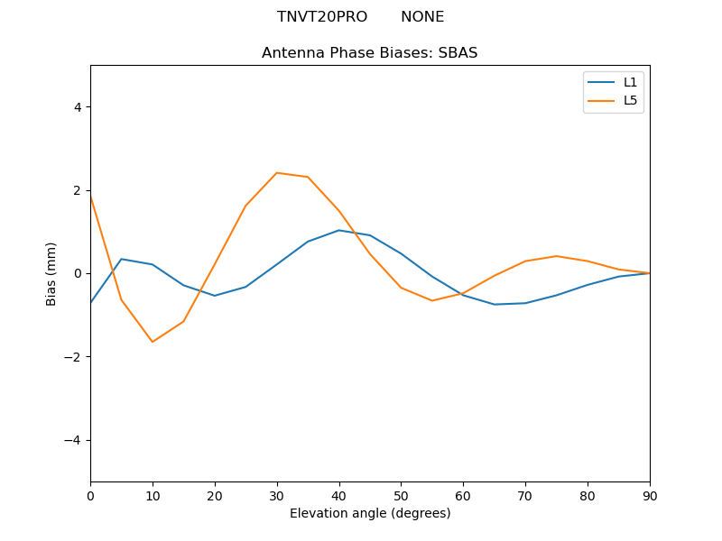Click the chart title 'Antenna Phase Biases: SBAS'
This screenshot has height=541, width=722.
coord(369,53)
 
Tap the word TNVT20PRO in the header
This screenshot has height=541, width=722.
coord(322,17)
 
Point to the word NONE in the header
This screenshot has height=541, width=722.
coord(422,17)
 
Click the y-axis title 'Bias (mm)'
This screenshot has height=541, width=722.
coord(51,273)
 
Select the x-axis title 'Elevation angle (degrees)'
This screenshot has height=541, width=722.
coord(369,514)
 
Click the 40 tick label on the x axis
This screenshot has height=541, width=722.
coord(338,495)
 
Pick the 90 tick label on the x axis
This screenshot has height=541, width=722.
coord(650,495)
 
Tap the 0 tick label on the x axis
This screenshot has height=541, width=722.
coord(90,495)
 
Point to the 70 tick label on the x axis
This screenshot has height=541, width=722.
coord(525,495)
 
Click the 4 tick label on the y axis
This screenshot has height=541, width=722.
coord(77,107)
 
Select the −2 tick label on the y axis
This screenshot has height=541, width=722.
coord(72,357)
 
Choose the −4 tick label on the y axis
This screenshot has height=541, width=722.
coord(72,440)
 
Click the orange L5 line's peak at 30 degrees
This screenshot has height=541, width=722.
coord(277,173)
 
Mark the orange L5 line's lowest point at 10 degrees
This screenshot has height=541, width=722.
coord(153,342)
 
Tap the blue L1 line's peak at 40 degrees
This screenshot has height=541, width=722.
coord(338,230)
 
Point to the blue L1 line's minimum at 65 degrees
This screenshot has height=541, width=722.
coord(495,305)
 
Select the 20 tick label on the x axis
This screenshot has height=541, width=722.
coord(215,495)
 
